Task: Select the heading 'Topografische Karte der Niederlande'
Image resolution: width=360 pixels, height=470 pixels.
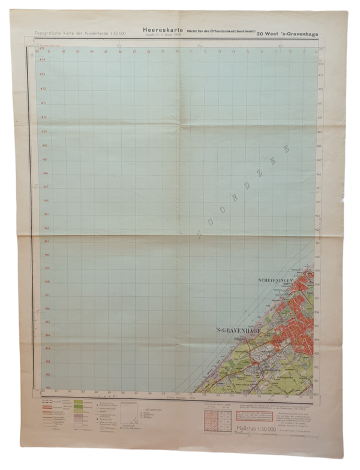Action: (x=64, y=31)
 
